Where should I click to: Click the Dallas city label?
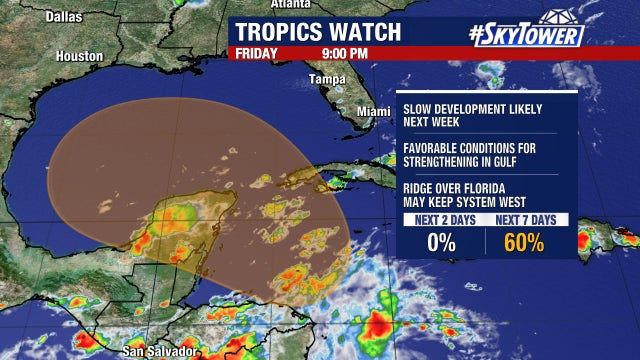click(34, 17)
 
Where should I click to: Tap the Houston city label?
click(79, 57)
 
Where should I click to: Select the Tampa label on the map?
click(326, 79)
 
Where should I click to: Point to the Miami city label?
click(374, 110)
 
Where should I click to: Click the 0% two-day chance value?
click(441, 242)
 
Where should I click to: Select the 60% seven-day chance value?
click(525, 242)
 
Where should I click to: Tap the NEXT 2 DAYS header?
click(442, 219)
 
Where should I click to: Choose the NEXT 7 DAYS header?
click(526, 219)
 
